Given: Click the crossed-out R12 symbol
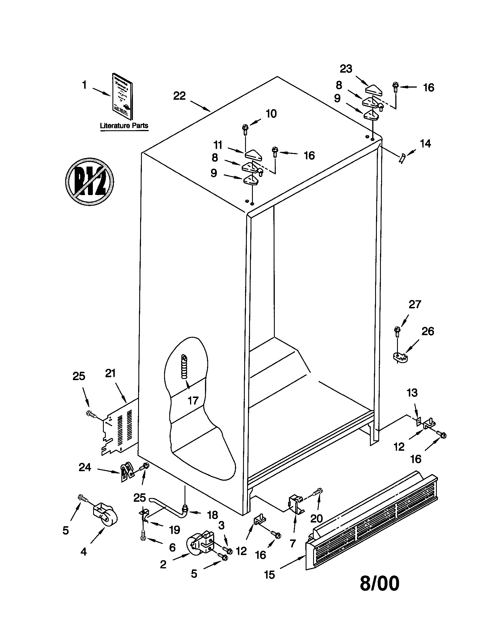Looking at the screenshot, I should point(89,182).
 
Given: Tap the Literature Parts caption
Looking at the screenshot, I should point(124,126).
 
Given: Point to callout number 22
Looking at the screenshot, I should point(179,96).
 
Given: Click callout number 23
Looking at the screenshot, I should point(346,69).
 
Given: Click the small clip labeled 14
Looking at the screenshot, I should point(402,158).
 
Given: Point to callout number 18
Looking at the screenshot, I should point(212,515).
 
